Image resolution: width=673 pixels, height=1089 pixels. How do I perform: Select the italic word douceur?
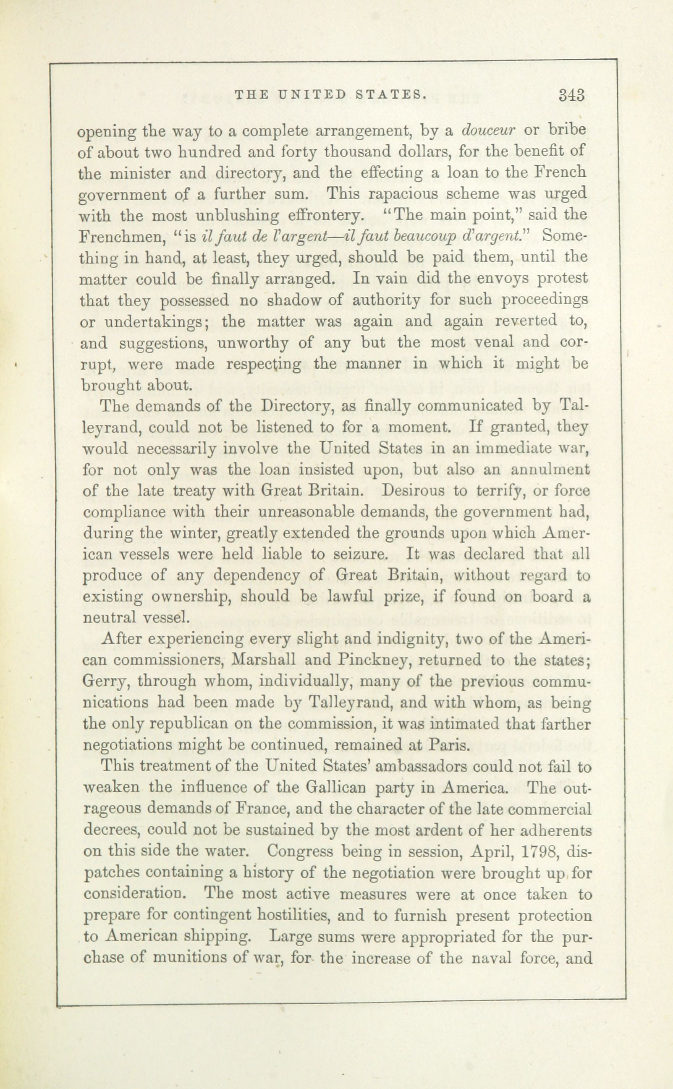489,131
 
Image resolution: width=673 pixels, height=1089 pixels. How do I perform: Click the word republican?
196,724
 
